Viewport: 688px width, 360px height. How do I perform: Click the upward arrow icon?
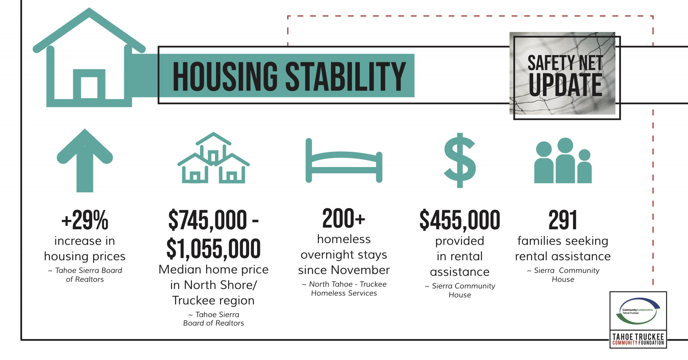coord(85,160)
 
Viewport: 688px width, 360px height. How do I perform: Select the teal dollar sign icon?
coord(460,160)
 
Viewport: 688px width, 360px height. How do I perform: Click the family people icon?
coord(563,160)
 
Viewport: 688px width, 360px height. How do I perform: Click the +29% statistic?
coord(85,220)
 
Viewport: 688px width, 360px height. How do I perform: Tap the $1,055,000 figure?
coord(214,248)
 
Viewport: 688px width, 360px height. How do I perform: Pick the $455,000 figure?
coord(460,220)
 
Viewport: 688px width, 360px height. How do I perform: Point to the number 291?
coord(563,220)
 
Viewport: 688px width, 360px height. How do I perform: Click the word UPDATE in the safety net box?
coord(566,85)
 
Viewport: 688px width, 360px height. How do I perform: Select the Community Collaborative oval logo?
coord(638,311)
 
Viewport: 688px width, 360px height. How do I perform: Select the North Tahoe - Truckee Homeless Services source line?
coord(344,288)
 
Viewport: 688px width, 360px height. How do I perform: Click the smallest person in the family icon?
coord(584,166)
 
